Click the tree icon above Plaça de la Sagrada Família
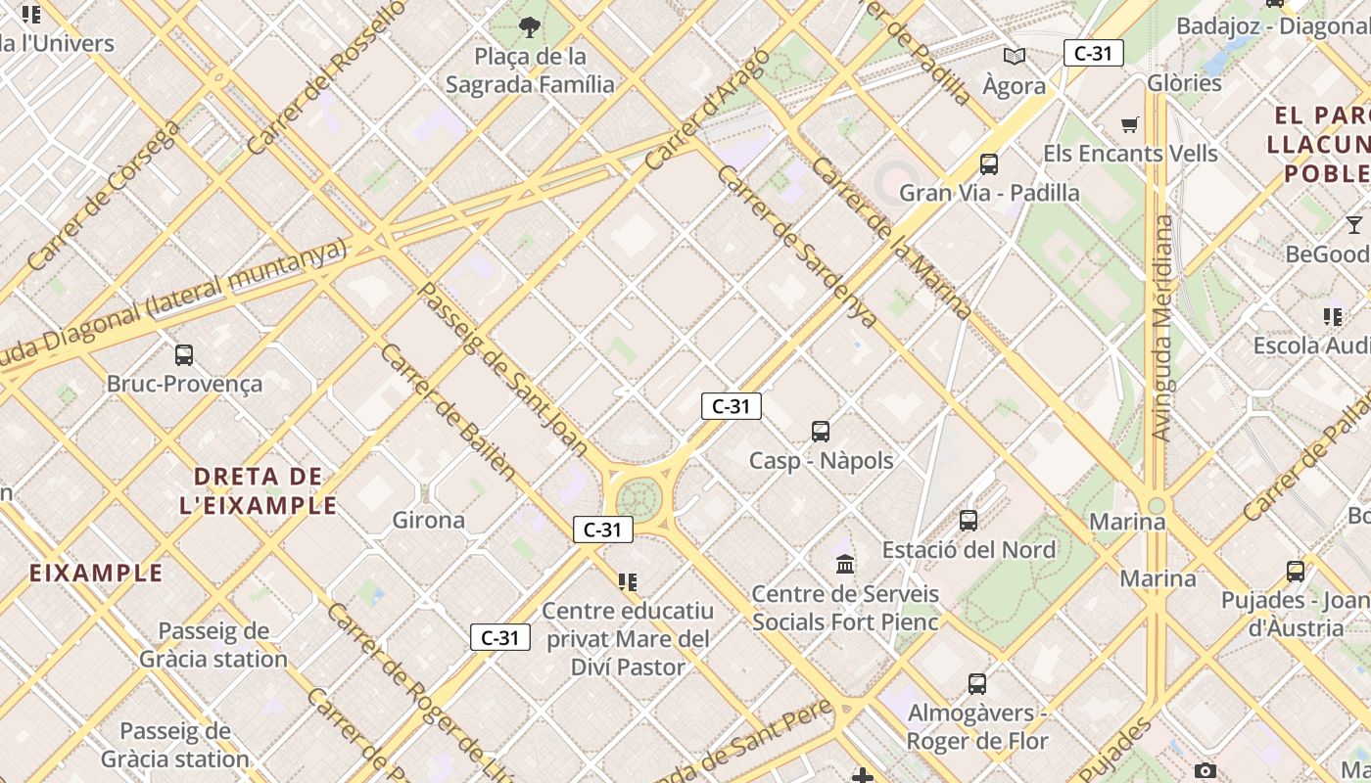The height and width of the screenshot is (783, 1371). tap(530, 26)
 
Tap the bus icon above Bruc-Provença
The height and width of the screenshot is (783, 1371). tap(183, 354)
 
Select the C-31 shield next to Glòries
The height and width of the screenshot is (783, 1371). tap(1093, 53)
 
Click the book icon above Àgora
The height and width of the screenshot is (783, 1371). tap(1015, 57)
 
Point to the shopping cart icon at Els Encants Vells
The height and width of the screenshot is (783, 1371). tap(1130, 124)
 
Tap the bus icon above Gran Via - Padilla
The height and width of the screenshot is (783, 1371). tap(989, 163)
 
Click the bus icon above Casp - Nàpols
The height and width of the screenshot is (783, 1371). tap(821, 431)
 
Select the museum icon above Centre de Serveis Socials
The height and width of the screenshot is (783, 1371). tap(845, 564)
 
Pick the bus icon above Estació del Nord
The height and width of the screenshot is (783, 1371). tap(969, 520)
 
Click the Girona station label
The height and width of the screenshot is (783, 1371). tap(428, 520)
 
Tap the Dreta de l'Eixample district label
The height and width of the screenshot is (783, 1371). tap(259, 491)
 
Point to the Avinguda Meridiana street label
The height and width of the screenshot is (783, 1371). tap(1162, 328)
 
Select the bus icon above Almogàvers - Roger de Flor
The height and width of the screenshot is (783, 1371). tap(976, 683)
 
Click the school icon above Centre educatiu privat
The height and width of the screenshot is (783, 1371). tap(628, 582)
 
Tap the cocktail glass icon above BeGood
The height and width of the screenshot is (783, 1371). tap(1354, 224)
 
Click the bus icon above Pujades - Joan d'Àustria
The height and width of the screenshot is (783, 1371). tap(1295, 571)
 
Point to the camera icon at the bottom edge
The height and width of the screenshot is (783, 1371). tap(1206, 771)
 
